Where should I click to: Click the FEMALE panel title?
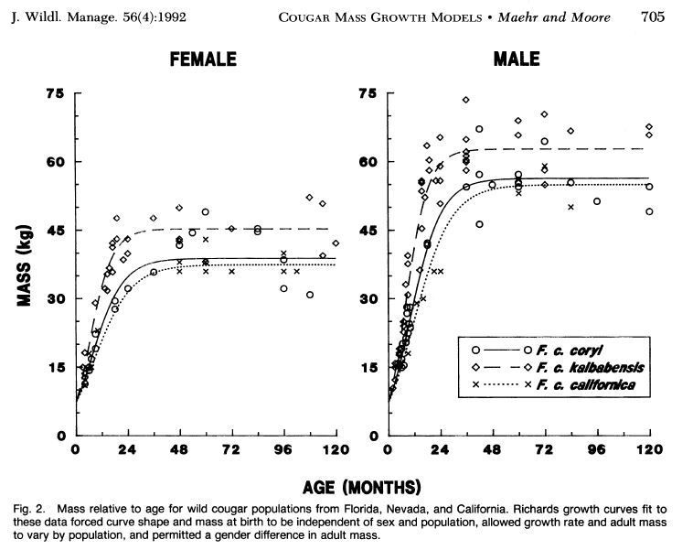click(x=203, y=60)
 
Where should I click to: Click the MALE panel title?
click(x=517, y=60)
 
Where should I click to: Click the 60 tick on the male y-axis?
click(x=369, y=162)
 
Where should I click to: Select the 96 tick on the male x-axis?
click(x=597, y=451)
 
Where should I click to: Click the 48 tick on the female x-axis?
click(x=179, y=451)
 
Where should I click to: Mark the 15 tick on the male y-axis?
click(x=369, y=367)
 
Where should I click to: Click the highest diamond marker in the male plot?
click(x=465, y=100)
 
